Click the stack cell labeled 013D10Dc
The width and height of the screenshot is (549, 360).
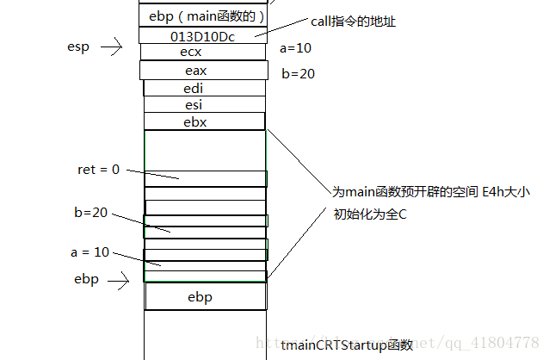(x=202, y=36)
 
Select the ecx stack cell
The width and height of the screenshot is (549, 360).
(x=203, y=52)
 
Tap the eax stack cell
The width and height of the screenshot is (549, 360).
(x=203, y=71)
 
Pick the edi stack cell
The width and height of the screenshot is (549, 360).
(x=204, y=88)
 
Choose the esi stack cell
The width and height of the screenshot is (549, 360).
(x=204, y=105)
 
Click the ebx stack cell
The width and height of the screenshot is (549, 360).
(x=204, y=122)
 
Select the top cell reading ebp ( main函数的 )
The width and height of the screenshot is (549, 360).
(x=202, y=16)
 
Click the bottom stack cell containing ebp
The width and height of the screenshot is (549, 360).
(x=204, y=297)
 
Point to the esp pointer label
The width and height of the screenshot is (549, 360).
(x=79, y=47)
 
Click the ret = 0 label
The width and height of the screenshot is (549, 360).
(x=98, y=170)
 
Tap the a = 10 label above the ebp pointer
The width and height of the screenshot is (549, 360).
(x=91, y=252)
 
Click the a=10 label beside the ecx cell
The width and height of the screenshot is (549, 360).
(x=296, y=49)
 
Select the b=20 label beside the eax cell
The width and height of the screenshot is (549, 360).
(x=298, y=74)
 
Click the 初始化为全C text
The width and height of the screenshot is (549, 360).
(x=370, y=214)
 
